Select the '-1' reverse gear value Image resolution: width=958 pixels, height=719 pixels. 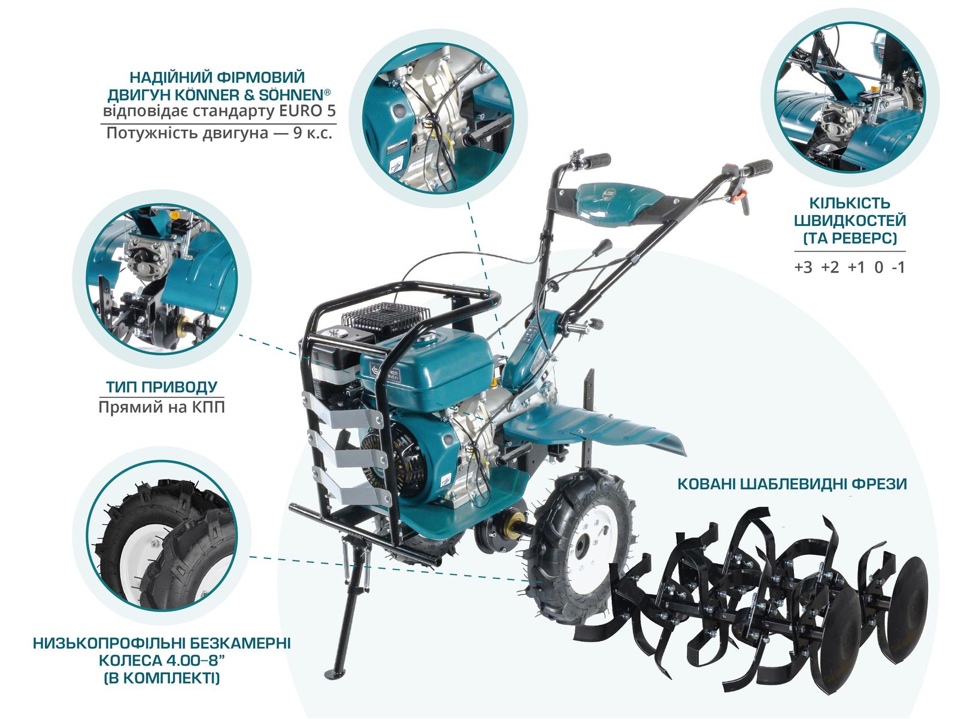click(898, 267)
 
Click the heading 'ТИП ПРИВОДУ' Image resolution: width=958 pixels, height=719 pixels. click(161, 387)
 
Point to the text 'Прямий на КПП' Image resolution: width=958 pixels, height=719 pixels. click(161, 408)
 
